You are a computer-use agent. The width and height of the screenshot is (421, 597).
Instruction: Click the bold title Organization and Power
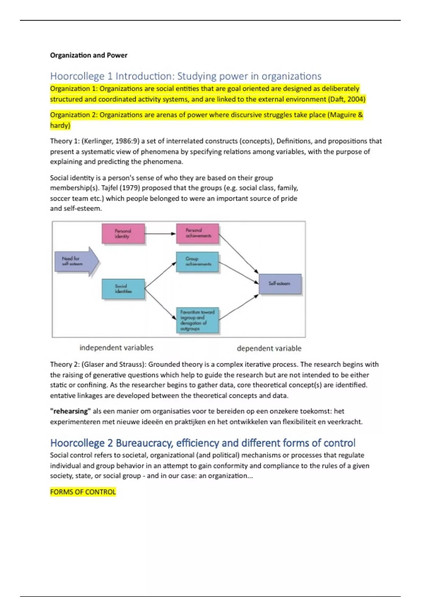[x=88, y=55]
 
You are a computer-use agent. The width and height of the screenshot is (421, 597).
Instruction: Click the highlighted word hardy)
[x=60, y=125]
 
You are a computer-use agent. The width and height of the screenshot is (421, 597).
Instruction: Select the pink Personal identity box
[x=123, y=234]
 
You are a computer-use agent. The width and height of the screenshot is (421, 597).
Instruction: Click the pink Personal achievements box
[x=198, y=234]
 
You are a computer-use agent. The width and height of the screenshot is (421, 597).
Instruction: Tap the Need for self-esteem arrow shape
[x=75, y=261]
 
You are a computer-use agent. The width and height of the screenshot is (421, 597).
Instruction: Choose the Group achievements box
[x=198, y=262]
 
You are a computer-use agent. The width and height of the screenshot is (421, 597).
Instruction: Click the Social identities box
[x=123, y=289]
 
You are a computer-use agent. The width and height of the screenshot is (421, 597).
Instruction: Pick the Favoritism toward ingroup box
[x=198, y=320]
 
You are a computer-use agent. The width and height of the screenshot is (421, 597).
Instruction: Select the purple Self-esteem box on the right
[x=280, y=284]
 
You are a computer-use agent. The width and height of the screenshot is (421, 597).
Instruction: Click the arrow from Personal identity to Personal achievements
[x=160, y=234]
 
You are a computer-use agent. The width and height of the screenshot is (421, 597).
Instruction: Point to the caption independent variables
[x=116, y=348]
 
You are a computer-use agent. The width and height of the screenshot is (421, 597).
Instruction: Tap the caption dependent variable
[x=269, y=348]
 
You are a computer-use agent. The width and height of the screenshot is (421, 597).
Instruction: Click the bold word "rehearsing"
[x=70, y=411]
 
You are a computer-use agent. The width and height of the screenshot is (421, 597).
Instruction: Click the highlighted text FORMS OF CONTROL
[x=83, y=492]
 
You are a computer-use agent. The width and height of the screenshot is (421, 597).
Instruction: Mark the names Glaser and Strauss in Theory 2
[x=112, y=365]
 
